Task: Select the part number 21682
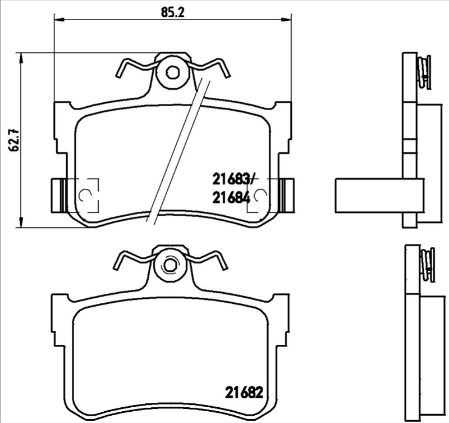[244, 392]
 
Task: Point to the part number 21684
[231, 197]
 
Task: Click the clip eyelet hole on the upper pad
[173, 73]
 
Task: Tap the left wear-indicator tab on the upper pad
[56, 195]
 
